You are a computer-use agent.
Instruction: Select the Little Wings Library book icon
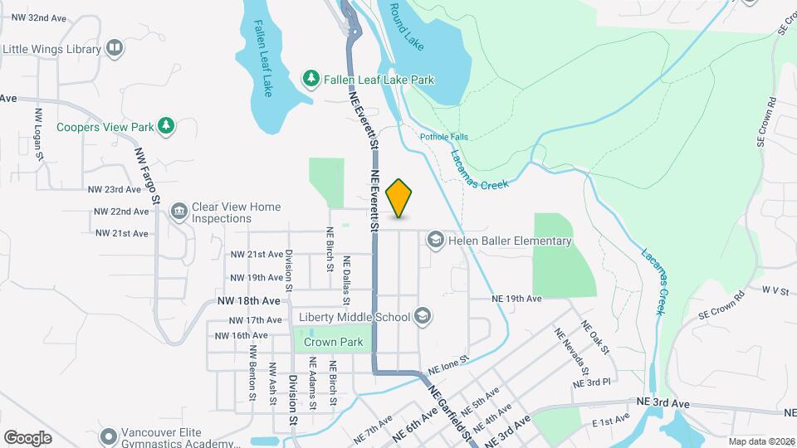pos(114,49)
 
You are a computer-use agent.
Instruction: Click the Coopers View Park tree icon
pos(167,126)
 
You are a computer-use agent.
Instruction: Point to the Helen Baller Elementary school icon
pos(434,241)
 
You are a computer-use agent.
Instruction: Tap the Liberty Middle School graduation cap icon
pos(423,316)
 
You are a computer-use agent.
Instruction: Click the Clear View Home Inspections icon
pos(178,212)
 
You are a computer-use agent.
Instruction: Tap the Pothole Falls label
pos(443,137)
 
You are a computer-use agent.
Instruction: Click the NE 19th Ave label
pos(516,298)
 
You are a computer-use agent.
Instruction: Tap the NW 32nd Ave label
pos(35,17)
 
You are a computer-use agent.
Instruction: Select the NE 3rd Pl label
pos(591,382)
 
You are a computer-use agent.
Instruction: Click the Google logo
pos(27,437)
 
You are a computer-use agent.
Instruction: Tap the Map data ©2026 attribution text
pos(760,441)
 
